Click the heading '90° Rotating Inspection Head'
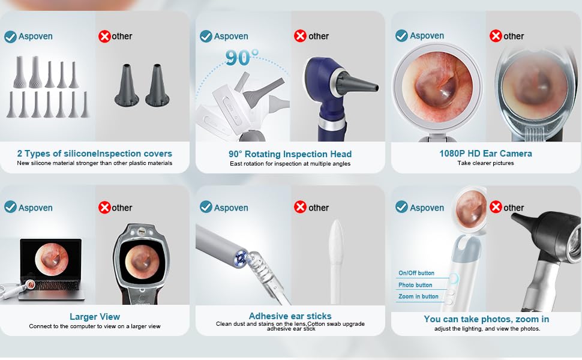[x=290, y=154]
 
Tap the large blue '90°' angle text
[x=242, y=58]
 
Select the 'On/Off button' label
[x=416, y=273]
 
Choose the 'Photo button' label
[x=415, y=285]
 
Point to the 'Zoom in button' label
[x=418, y=296]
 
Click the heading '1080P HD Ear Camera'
[x=485, y=154]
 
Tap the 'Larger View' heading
[x=95, y=317]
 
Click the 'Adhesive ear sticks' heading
[x=290, y=316]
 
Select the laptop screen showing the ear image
[x=50, y=259]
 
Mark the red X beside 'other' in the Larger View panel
[x=104, y=208]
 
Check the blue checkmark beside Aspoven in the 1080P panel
[x=401, y=36]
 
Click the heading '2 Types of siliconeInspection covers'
[x=95, y=154]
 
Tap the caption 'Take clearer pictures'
[x=485, y=163]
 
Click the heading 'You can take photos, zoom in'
[x=486, y=319]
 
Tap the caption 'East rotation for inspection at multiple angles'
[x=290, y=164]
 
